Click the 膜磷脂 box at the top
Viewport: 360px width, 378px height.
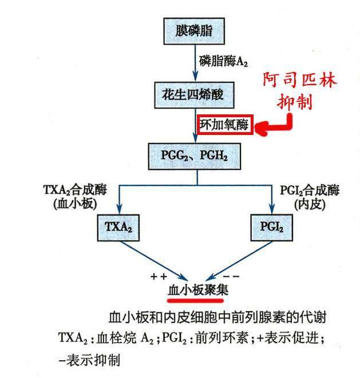click(196, 30)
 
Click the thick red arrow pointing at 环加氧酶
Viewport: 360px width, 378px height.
click(273, 128)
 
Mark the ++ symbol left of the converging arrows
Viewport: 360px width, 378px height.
click(158, 277)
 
